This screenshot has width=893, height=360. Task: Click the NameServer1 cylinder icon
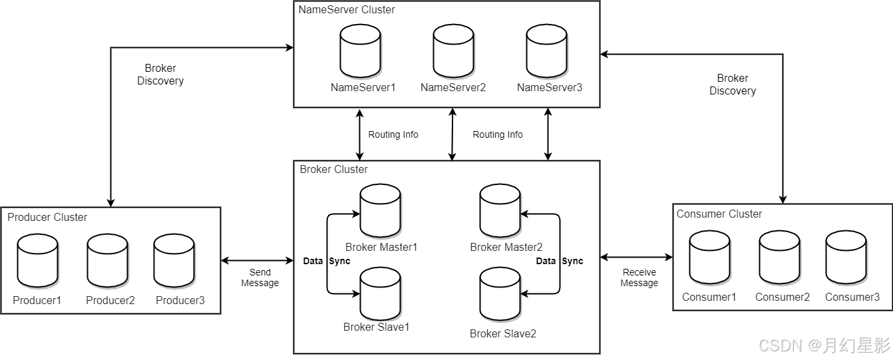(x=360, y=51)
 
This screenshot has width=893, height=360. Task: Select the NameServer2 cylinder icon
(x=453, y=51)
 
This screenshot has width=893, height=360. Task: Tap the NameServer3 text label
(x=550, y=88)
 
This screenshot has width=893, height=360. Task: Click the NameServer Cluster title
(x=347, y=10)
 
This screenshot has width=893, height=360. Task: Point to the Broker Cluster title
(x=333, y=170)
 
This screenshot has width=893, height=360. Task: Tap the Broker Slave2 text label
(x=503, y=333)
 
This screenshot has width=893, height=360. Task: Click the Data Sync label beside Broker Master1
(x=327, y=261)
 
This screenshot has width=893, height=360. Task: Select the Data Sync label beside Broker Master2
(x=560, y=261)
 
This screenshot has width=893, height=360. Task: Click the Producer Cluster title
(x=47, y=218)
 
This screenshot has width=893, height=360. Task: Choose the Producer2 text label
(x=110, y=301)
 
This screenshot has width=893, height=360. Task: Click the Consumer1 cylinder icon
(x=709, y=257)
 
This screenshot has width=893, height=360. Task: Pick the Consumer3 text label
(x=852, y=297)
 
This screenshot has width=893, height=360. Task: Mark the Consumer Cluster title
(x=719, y=214)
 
